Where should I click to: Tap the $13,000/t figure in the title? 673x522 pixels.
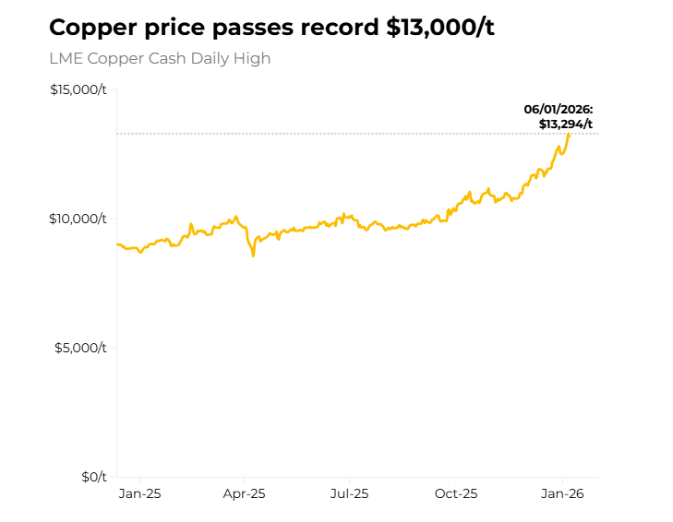(440, 27)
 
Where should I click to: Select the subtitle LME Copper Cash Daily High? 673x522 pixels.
(160, 58)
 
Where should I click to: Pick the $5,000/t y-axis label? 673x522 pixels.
(81, 348)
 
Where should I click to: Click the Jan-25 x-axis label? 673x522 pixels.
(140, 494)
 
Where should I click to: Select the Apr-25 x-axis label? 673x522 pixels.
(245, 494)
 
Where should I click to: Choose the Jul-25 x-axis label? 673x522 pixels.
(350, 494)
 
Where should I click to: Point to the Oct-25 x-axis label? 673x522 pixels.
(456, 494)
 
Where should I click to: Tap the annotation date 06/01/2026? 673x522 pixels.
(559, 110)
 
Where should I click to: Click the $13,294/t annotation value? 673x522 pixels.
(566, 124)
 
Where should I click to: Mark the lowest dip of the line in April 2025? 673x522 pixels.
(253, 255)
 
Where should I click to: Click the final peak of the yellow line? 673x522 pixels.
(569, 135)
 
